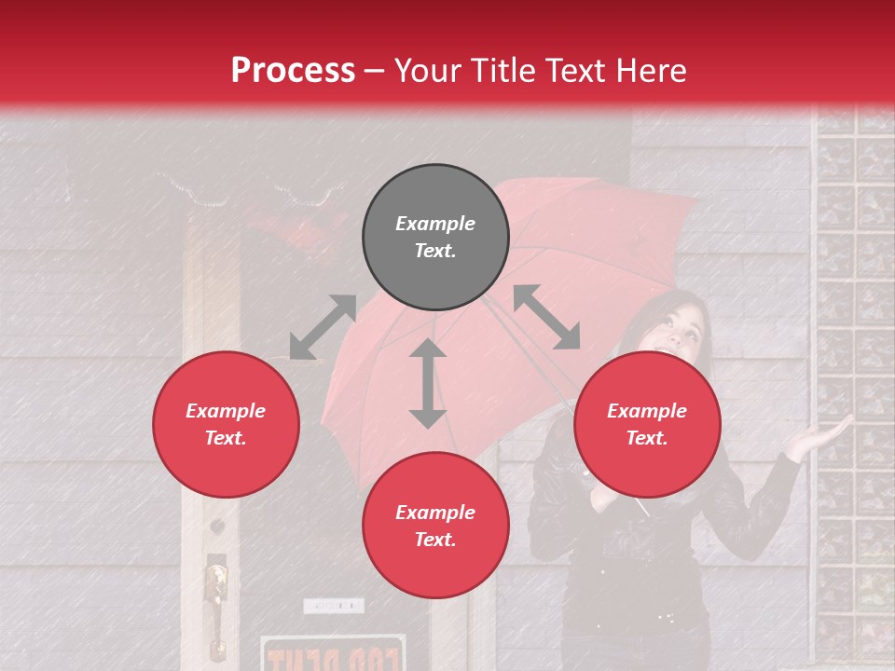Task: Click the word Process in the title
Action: [x=293, y=71]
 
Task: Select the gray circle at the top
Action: [x=435, y=237]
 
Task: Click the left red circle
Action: [x=226, y=424]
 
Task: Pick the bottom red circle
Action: [x=435, y=526]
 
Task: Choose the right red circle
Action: [x=647, y=424]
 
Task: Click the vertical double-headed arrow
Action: [x=427, y=383]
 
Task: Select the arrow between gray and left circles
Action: [x=323, y=327]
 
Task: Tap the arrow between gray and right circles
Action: [x=546, y=317]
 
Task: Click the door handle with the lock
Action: [x=216, y=596]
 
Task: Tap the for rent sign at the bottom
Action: [x=333, y=653]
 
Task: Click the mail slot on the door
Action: [x=333, y=606]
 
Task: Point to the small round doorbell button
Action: [x=217, y=527]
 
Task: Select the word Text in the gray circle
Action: [x=435, y=251]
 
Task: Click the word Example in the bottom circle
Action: [x=435, y=513]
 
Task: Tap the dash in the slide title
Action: [x=375, y=71]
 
